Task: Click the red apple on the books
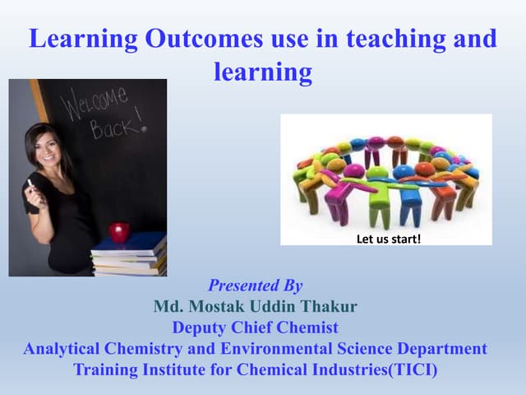click(x=120, y=232)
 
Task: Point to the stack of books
click(x=129, y=257)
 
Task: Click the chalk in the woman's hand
click(x=30, y=183)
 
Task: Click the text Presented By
click(x=256, y=286)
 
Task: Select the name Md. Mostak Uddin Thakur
click(x=256, y=307)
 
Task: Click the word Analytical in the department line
click(x=63, y=348)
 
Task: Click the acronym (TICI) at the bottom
click(x=411, y=369)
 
